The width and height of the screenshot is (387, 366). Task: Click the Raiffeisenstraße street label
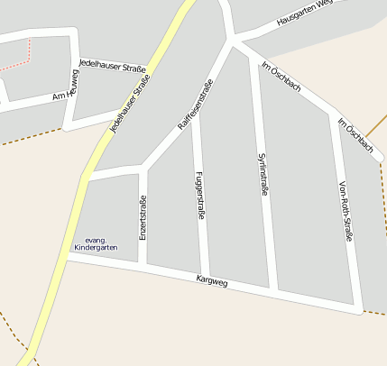click(x=195, y=106)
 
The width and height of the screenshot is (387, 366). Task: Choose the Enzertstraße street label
click(x=143, y=218)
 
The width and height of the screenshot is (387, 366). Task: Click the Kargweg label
click(x=212, y=283)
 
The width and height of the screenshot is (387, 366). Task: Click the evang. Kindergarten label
click(x=96, y=243)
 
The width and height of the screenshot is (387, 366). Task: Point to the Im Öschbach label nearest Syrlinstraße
click(x=280, y=77)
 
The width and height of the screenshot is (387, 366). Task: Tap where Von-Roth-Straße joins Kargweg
click(x=358, y=309)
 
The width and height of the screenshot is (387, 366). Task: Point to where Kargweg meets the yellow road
click(x=68, y=256)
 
